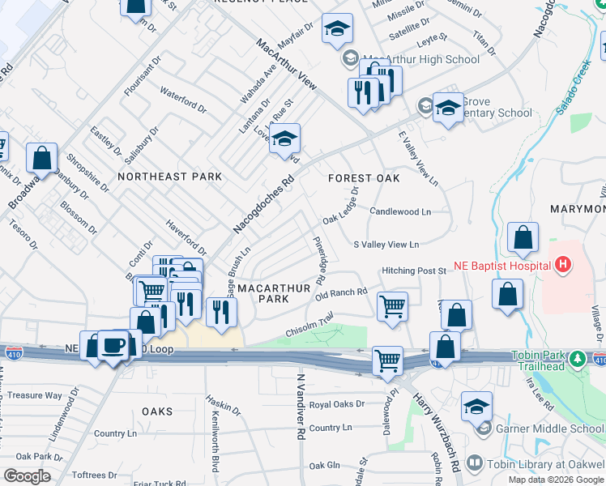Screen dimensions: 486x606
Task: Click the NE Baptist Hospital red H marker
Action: pos(561,265)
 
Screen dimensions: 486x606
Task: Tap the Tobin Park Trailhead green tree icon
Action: pos(577,358)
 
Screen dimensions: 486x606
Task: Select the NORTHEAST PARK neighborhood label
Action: pos(169,177)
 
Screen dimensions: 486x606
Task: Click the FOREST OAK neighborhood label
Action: pos(364,178)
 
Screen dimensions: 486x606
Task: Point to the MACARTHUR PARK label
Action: pos(262,293)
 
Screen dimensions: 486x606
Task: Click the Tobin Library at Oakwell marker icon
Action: pos(474,464)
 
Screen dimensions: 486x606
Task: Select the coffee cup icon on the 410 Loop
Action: pos(113,346)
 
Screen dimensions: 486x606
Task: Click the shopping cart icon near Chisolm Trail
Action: pos(392,307)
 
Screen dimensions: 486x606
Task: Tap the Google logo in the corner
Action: pos(28,476)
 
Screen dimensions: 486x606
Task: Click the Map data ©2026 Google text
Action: pos(556,480)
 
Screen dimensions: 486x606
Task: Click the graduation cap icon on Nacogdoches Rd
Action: pos(284,139)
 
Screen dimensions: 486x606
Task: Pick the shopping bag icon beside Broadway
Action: pos(41,157)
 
